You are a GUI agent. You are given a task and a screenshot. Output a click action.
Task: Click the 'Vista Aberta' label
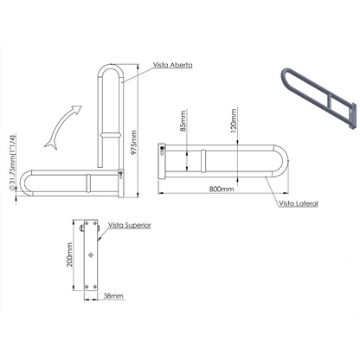tap(172, 65)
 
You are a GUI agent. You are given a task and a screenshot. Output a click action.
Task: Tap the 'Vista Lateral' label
tap(299, 203)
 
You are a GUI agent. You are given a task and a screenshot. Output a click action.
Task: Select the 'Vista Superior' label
tap(130, 225)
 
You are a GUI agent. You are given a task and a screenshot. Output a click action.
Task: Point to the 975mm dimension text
tap(134, 143)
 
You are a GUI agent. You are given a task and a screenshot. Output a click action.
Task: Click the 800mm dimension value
tap(222, 190)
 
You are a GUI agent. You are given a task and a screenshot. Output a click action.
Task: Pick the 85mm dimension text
tap(183, 121)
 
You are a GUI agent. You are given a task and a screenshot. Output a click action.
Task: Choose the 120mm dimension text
tap(234, 120)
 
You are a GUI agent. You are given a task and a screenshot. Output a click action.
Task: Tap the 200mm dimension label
tap(70, 254)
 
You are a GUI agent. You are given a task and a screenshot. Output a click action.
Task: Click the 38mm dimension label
tap(113, 296)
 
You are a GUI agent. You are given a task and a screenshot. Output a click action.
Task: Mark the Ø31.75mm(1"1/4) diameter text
tap(12, 162)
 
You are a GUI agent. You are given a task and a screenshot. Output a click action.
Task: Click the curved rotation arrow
tap(62, 127)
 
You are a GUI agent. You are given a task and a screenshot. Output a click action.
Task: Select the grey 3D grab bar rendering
tap(318, 99)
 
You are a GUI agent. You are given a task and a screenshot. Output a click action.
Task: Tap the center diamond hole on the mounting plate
tap(91, 254)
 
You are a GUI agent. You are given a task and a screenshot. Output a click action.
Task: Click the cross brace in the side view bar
tap(203, 161)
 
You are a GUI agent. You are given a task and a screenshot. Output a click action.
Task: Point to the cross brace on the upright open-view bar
tap(111, 135)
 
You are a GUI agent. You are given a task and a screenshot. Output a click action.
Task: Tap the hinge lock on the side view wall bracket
tap(162, 151)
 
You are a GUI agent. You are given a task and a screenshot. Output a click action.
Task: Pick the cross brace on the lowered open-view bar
tap(88, 183)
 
